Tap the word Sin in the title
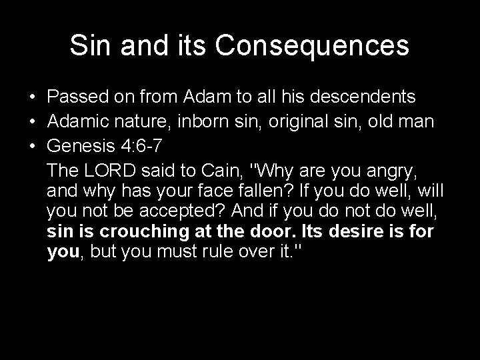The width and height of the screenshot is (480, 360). click(x=90, y=46)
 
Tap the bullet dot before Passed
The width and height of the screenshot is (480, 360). click(x=31, y=97)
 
